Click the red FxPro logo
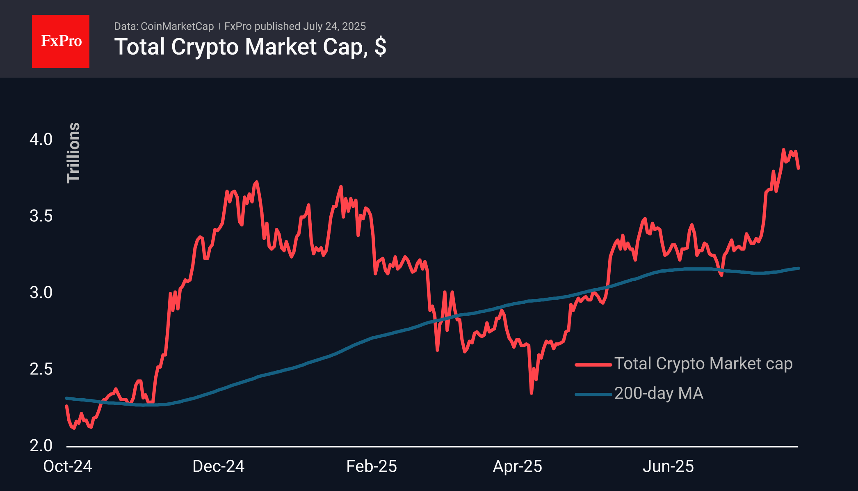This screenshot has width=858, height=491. pos(61,41)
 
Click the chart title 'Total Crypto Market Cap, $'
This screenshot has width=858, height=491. pos(250,47)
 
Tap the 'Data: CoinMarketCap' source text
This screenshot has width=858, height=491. pos(164,26)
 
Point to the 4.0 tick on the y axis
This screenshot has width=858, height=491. pos(41,139)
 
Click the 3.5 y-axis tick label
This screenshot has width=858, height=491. pos(41,216)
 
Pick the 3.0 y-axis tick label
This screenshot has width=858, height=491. pos(41,293)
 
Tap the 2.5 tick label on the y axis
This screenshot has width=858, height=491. pos(41,369)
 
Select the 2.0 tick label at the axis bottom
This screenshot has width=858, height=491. pos(41,445)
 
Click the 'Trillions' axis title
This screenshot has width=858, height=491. pos(74,152)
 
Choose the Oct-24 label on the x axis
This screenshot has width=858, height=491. pos(68,466)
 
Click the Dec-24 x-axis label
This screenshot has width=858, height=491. pos(218,466)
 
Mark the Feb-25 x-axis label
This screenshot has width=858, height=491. pos(372,466)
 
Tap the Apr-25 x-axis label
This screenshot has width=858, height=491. pos(518,466)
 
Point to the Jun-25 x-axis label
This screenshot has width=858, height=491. pos(668,466)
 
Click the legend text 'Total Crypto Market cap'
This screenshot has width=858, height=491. pos(703,364)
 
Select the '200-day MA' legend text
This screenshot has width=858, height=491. pos(659,393)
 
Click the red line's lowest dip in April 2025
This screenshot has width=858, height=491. pos(532,393)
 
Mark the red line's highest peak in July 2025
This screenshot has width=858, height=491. pos(783,150)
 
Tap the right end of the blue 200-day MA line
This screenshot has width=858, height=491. pos(798,268)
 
